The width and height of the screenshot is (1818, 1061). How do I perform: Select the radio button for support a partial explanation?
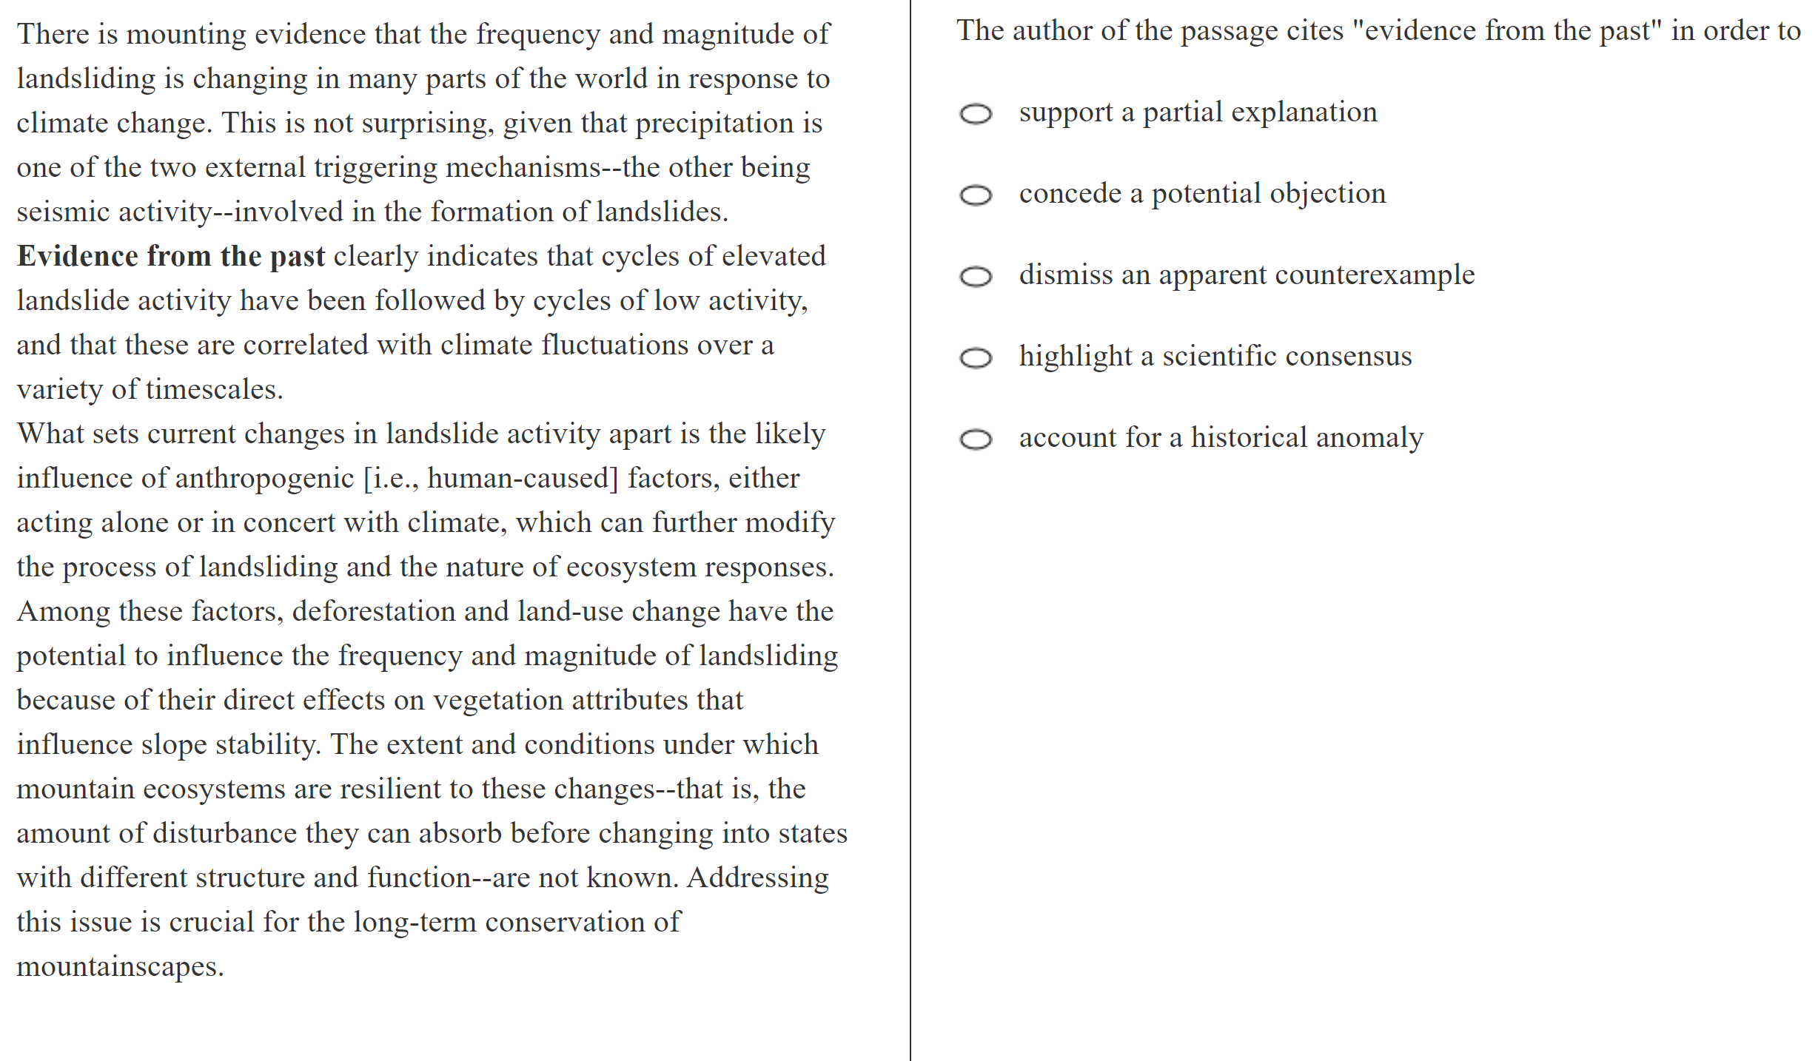click(975, 114)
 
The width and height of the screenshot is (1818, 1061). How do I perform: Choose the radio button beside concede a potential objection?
click(975, 195)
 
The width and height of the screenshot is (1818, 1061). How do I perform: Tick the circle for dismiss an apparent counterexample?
click(975, 277)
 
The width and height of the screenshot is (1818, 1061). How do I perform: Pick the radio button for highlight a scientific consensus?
click(975, 358)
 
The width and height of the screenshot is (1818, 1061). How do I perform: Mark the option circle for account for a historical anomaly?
click(975, 439)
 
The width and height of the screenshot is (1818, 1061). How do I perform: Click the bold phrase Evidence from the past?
click(171, 257)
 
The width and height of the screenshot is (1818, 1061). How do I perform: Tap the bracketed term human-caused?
click(522, 479)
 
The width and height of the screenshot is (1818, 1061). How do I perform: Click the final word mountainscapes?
click(120, 967)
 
